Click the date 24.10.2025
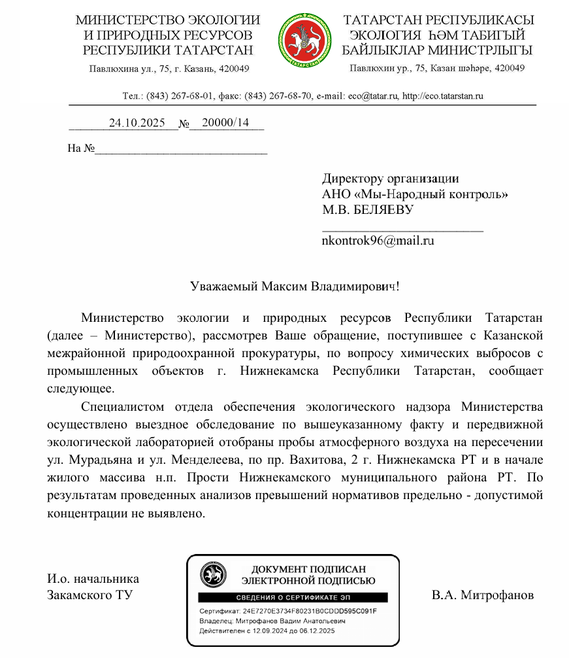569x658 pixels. [137, 122]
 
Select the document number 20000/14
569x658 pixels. [225, 122]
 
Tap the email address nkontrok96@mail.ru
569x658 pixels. [378, 240]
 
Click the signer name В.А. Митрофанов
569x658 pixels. [483, 595]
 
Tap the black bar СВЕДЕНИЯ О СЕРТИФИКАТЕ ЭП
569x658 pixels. [292, 598]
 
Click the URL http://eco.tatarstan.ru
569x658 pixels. [443, 96]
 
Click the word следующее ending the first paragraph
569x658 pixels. [80, 388]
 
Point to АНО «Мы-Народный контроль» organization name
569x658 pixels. [415, 194]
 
